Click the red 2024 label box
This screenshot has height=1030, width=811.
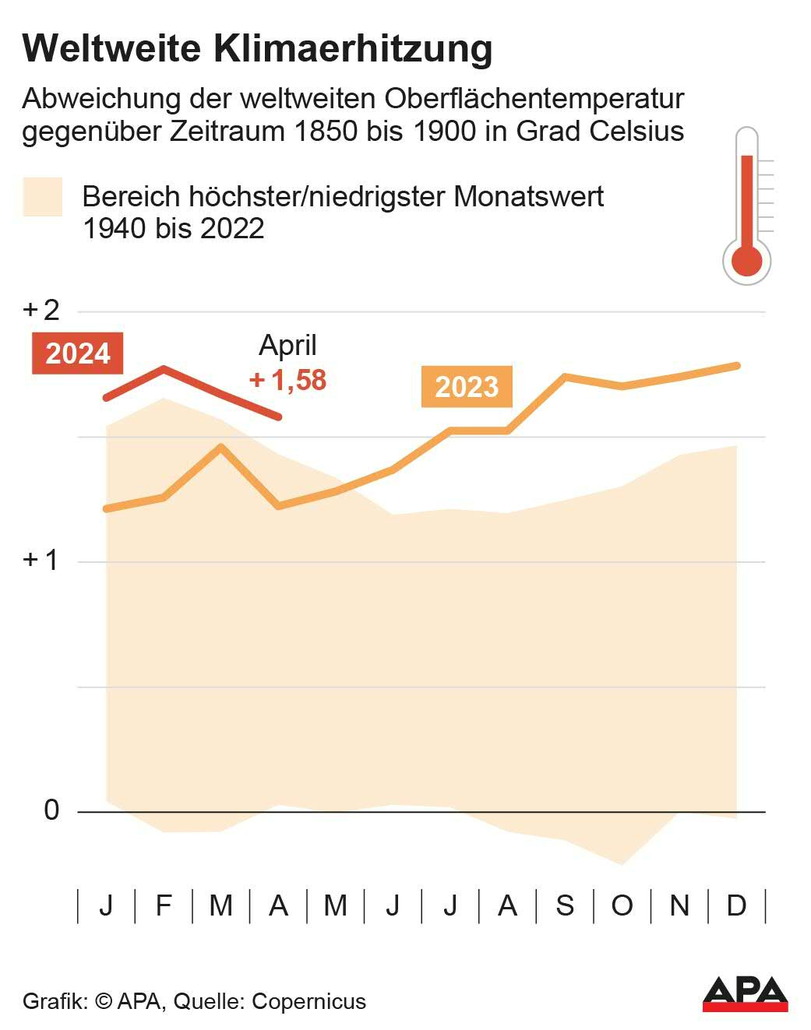[77, 353]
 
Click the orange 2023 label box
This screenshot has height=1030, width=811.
[466, 386]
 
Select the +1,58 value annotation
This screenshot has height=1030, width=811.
[287, 380]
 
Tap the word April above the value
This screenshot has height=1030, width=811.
[287, 345]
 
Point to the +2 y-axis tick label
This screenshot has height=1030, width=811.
[41, 310]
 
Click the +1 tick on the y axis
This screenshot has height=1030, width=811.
[41, 560]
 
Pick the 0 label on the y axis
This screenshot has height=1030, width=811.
[51, 810]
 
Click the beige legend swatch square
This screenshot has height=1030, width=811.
[42, 197]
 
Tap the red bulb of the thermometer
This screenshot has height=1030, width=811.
[747, 260]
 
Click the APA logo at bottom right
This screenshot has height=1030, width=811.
[745, 993]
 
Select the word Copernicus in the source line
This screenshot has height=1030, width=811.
[309, 1001]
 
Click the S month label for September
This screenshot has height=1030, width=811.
[565, 905]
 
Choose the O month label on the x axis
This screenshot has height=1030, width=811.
[622, 905]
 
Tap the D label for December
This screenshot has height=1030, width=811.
[736, 905]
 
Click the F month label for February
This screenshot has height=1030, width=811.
[164, 905]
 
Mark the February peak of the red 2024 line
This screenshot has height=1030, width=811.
[164, 367]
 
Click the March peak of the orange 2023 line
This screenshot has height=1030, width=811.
[221, 447]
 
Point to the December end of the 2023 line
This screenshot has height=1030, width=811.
[736, 365]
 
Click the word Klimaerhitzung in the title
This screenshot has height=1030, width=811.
[352, 48]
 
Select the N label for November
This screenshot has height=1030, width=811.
[679, 905]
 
